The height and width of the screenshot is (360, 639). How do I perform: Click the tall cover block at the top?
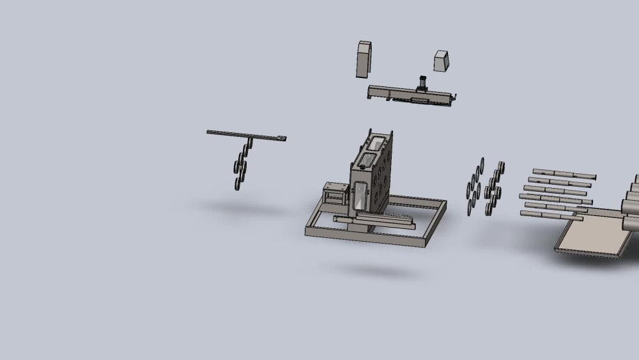pyautogui.click(x=364, y=59)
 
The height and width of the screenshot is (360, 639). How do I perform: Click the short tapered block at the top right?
pyautogui.click(x=442, y=61)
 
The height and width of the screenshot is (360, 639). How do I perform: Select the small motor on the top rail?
pyautogui.click(x=422, y=84)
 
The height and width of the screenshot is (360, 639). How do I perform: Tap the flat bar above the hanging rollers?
pyautogui.click(x=236, y=134)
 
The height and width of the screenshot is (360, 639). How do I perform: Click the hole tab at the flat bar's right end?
pyautogui.click(x=281, y=138)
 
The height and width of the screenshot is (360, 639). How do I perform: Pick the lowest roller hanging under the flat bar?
pyautogui.click(x=238, y=184)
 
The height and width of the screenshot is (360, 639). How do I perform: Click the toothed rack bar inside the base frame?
pyautogui.click(x=383, y=219)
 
